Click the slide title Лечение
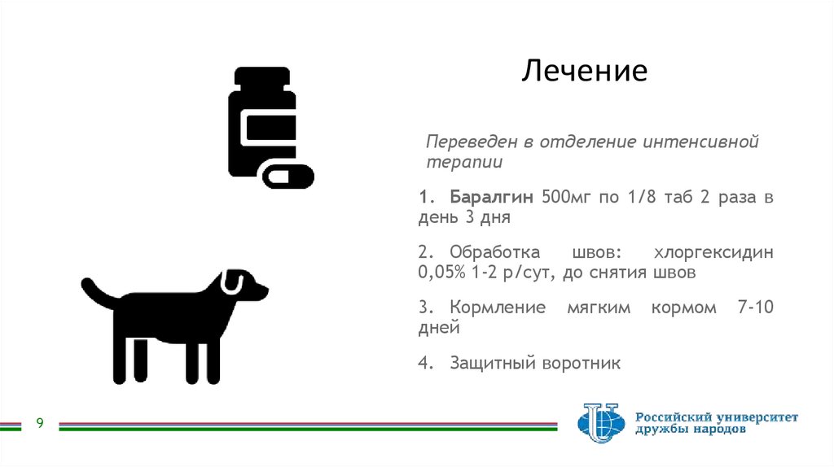pyautogui.click(x=584, y=71)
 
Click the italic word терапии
pyautogui.click(x=464, y=162)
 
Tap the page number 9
pyautogui.click(x=39, y=423)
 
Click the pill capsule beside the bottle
pyautogui.click(x=287, y=176)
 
